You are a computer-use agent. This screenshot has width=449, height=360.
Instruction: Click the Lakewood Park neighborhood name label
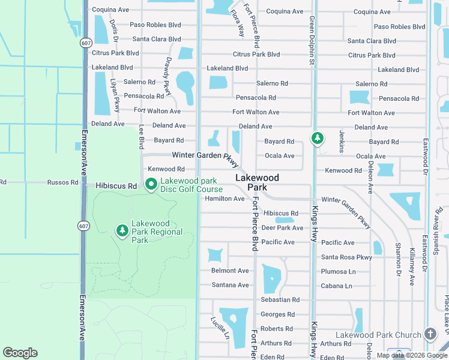[257, 182]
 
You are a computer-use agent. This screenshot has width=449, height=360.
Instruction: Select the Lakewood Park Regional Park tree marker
[122, 230]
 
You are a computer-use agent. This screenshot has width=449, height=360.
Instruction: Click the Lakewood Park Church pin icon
[430, 334]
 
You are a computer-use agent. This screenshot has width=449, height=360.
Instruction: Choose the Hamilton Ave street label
[224, 199]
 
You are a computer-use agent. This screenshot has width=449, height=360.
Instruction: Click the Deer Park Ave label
[282, 228]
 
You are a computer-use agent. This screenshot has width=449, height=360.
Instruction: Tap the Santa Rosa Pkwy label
[346, 257]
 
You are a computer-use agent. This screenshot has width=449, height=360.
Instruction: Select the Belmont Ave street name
[230, 271]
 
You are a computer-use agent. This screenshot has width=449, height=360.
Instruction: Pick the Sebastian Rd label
[280, 300]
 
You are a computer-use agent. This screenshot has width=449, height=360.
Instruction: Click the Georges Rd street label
[278, 314]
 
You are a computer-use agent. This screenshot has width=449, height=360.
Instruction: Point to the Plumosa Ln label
[339, 272]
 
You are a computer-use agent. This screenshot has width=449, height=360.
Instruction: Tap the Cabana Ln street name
[336, 286]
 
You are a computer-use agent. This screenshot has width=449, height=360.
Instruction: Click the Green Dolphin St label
[312, 41]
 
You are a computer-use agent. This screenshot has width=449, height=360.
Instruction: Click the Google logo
[20, 353]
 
